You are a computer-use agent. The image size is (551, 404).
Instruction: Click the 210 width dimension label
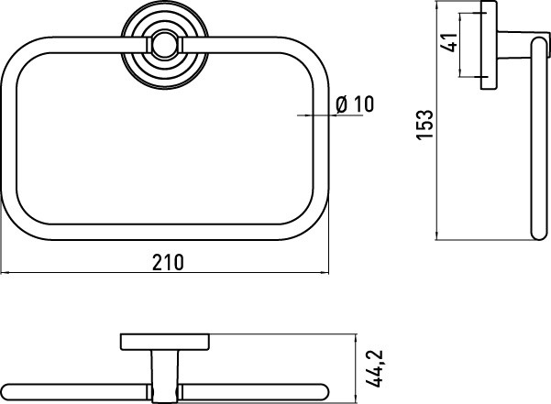tap(168, 262)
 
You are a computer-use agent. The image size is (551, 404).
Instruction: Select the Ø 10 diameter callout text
tap(355, 104)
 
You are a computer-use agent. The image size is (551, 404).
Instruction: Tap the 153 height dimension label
tap(425, 125)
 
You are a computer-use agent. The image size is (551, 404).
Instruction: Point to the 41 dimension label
tap(448, 42)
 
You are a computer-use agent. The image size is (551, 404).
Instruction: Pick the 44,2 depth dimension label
tap(374, 368)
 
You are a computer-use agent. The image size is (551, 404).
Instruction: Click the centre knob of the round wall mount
tap(164, 45)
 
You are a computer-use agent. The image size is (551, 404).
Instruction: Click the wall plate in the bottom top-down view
tap(165, 342)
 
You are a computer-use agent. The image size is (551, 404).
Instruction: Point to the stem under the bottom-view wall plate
tap(165, 377)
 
